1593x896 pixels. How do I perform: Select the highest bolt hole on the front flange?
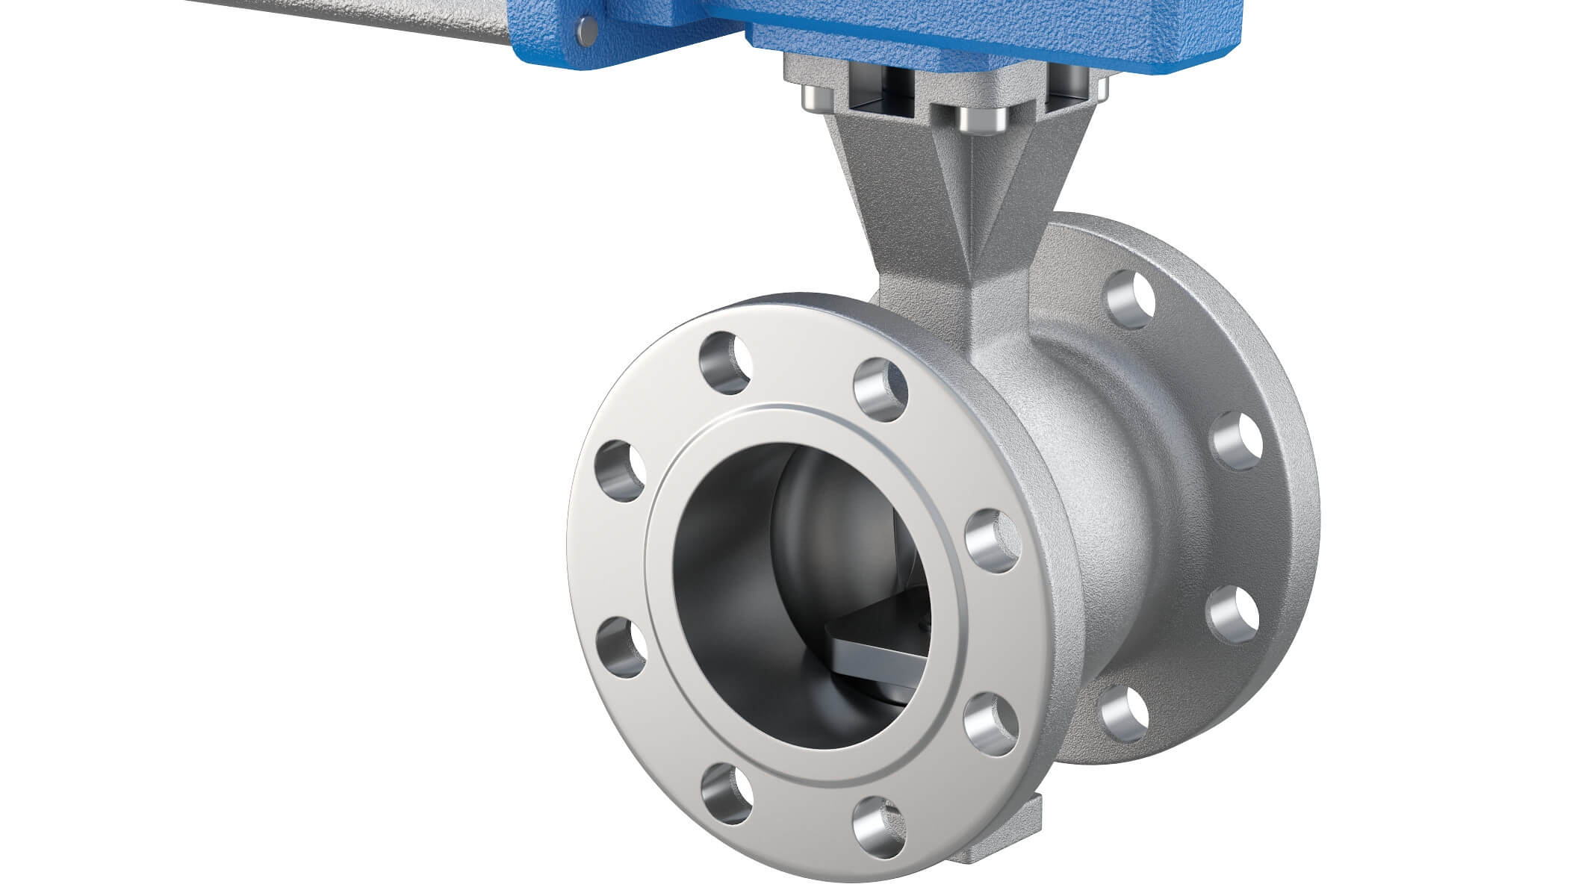coord(724,364)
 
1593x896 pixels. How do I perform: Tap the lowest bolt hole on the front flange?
coord(879,827)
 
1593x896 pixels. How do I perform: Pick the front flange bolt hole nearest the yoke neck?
coord(880,389)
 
